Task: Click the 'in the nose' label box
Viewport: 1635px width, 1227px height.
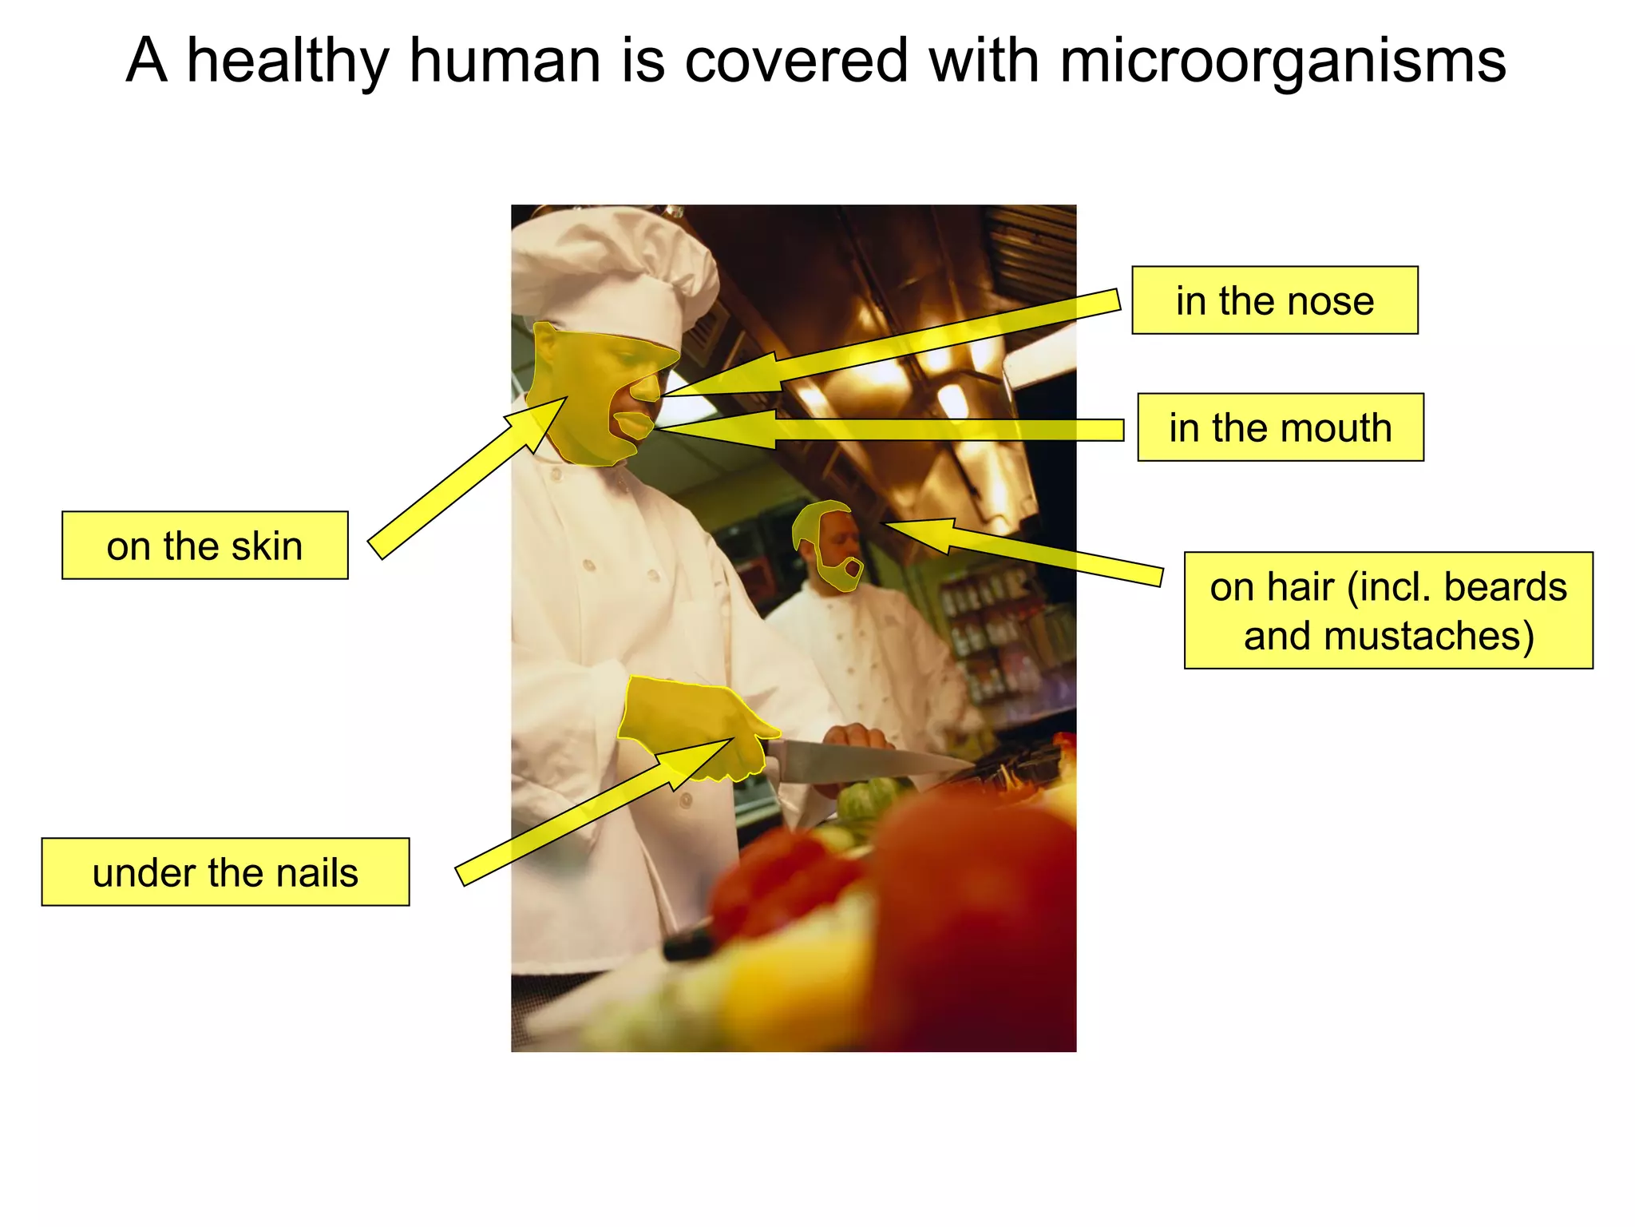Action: [1274, 300]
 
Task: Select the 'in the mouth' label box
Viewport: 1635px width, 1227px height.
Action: [1280, 427]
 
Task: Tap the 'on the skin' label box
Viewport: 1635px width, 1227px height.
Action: [204, 546]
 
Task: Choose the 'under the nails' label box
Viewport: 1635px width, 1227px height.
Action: [225, 872]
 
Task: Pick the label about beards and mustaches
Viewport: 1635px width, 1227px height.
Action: [1388, 610]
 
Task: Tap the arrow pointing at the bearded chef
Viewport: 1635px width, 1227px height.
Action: [1038, 551]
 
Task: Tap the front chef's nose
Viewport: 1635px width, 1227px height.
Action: [647, 388]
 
